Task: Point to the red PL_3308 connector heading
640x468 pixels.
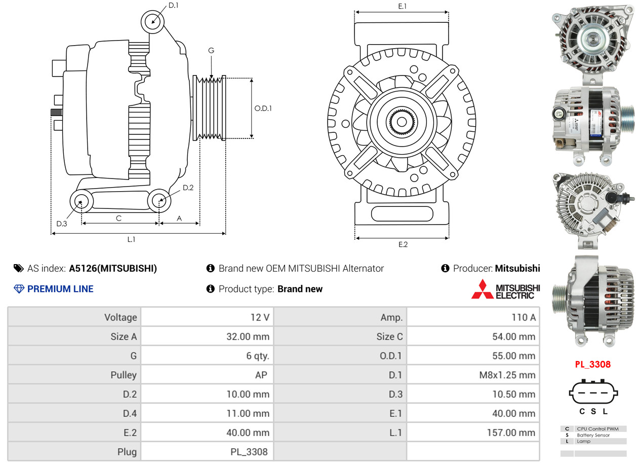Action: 592,364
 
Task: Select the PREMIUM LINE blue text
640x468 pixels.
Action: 60,289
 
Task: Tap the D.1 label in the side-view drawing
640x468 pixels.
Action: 173,5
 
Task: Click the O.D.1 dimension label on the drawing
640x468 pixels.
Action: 263,108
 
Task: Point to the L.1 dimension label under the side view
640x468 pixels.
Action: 131,239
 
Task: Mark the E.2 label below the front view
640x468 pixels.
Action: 403,244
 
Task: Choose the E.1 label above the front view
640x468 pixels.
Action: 403,6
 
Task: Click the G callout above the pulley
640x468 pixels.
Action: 211,51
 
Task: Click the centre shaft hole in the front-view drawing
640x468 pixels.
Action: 402,122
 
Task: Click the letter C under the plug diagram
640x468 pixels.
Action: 582,412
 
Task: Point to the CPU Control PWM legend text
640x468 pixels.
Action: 597,429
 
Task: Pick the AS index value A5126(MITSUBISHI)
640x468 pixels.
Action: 113,268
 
